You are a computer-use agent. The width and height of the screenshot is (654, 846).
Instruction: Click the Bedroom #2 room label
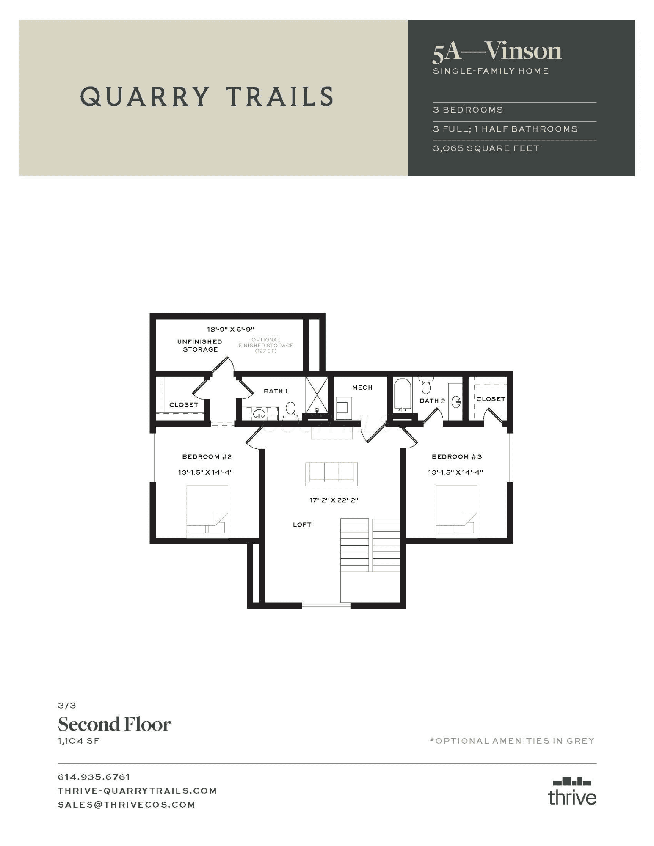pos(207,456)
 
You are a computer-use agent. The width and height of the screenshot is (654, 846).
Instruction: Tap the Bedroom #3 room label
pos(457,456)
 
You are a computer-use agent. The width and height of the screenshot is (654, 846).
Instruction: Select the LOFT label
pos(302,525)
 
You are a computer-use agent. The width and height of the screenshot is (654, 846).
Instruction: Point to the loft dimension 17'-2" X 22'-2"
pos(334,500)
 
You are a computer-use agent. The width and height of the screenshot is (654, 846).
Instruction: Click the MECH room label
pos(362,387)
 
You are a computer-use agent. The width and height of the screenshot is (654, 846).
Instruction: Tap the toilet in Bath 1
pos(290,411)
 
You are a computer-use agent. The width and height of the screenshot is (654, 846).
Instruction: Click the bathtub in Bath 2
pos(403,395)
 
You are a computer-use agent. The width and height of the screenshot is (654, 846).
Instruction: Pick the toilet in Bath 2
pos(426,385)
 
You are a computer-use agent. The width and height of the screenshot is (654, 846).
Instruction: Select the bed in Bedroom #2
pos(207,511)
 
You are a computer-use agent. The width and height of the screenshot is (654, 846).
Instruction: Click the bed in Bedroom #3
pos(457,511)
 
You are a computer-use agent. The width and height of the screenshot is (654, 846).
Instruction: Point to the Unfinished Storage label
pos(200,345)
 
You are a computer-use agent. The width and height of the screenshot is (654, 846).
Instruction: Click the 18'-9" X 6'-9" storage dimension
pos(230,329)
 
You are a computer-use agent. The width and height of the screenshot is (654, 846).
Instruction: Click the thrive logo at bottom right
pos(572,791)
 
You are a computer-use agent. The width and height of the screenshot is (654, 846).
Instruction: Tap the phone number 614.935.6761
pos(94,777)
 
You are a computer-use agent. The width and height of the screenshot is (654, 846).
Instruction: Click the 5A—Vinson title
pos(497,51)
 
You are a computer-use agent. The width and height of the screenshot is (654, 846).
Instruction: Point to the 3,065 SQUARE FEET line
pos(486,148)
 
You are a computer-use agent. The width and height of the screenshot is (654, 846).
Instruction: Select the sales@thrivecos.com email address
pos(127,805)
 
